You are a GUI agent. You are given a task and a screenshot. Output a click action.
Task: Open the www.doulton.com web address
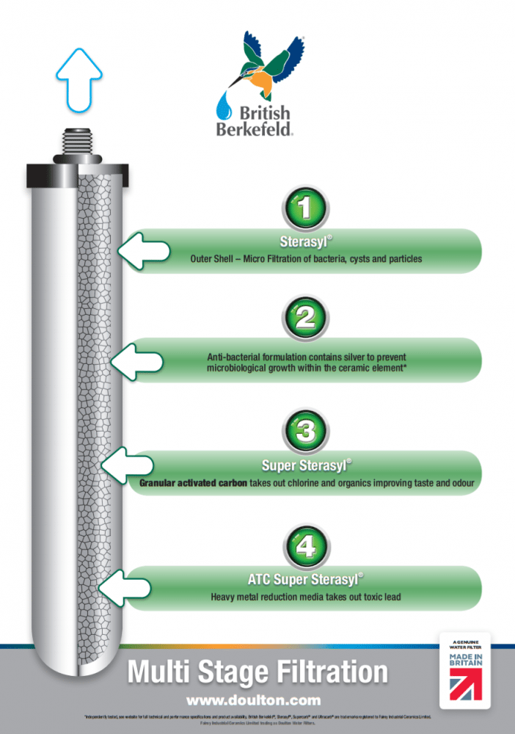pos(257,699)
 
